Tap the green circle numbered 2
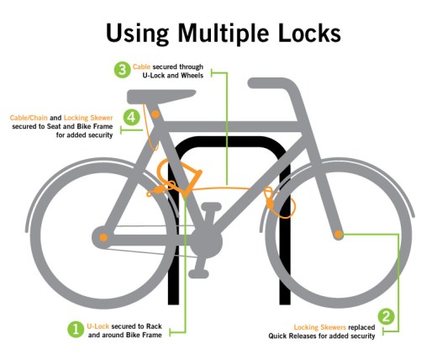pyautogui.click(x=386, y=317)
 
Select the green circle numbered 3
pyautogui.click(x=123, y=69)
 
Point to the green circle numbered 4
pyautogui.click(x=131, y=117)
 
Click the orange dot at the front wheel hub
pyautogui.click(x=338, y=235)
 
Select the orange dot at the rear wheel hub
pyautogui.click(x=103, y=238)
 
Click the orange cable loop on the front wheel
pyautogui.click(x=269, y=199)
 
